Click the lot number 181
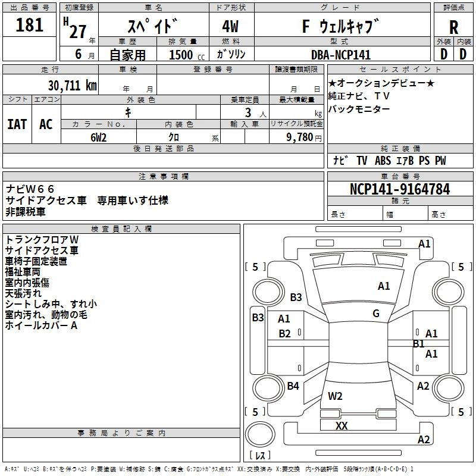pos(29,25)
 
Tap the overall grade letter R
pos(453,27)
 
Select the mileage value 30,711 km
pos(72,86)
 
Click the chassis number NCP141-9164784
pos(400,189)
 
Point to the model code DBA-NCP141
pos(341,55)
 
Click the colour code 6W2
pos(98,137)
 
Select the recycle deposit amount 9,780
pos(300,137)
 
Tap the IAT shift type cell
pos(17,124)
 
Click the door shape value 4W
pos(230,26)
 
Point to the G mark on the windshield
pos(376,313)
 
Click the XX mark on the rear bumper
pos(342,425)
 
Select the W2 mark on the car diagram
pos(335,396)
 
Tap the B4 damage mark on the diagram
pos(293,386)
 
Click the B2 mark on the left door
pos(284,334)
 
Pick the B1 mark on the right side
pos(419,344)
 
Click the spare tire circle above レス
pos(260,434)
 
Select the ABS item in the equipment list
pos(383,161)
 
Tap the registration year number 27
pos(78,32)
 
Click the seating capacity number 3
pos(248,113)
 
